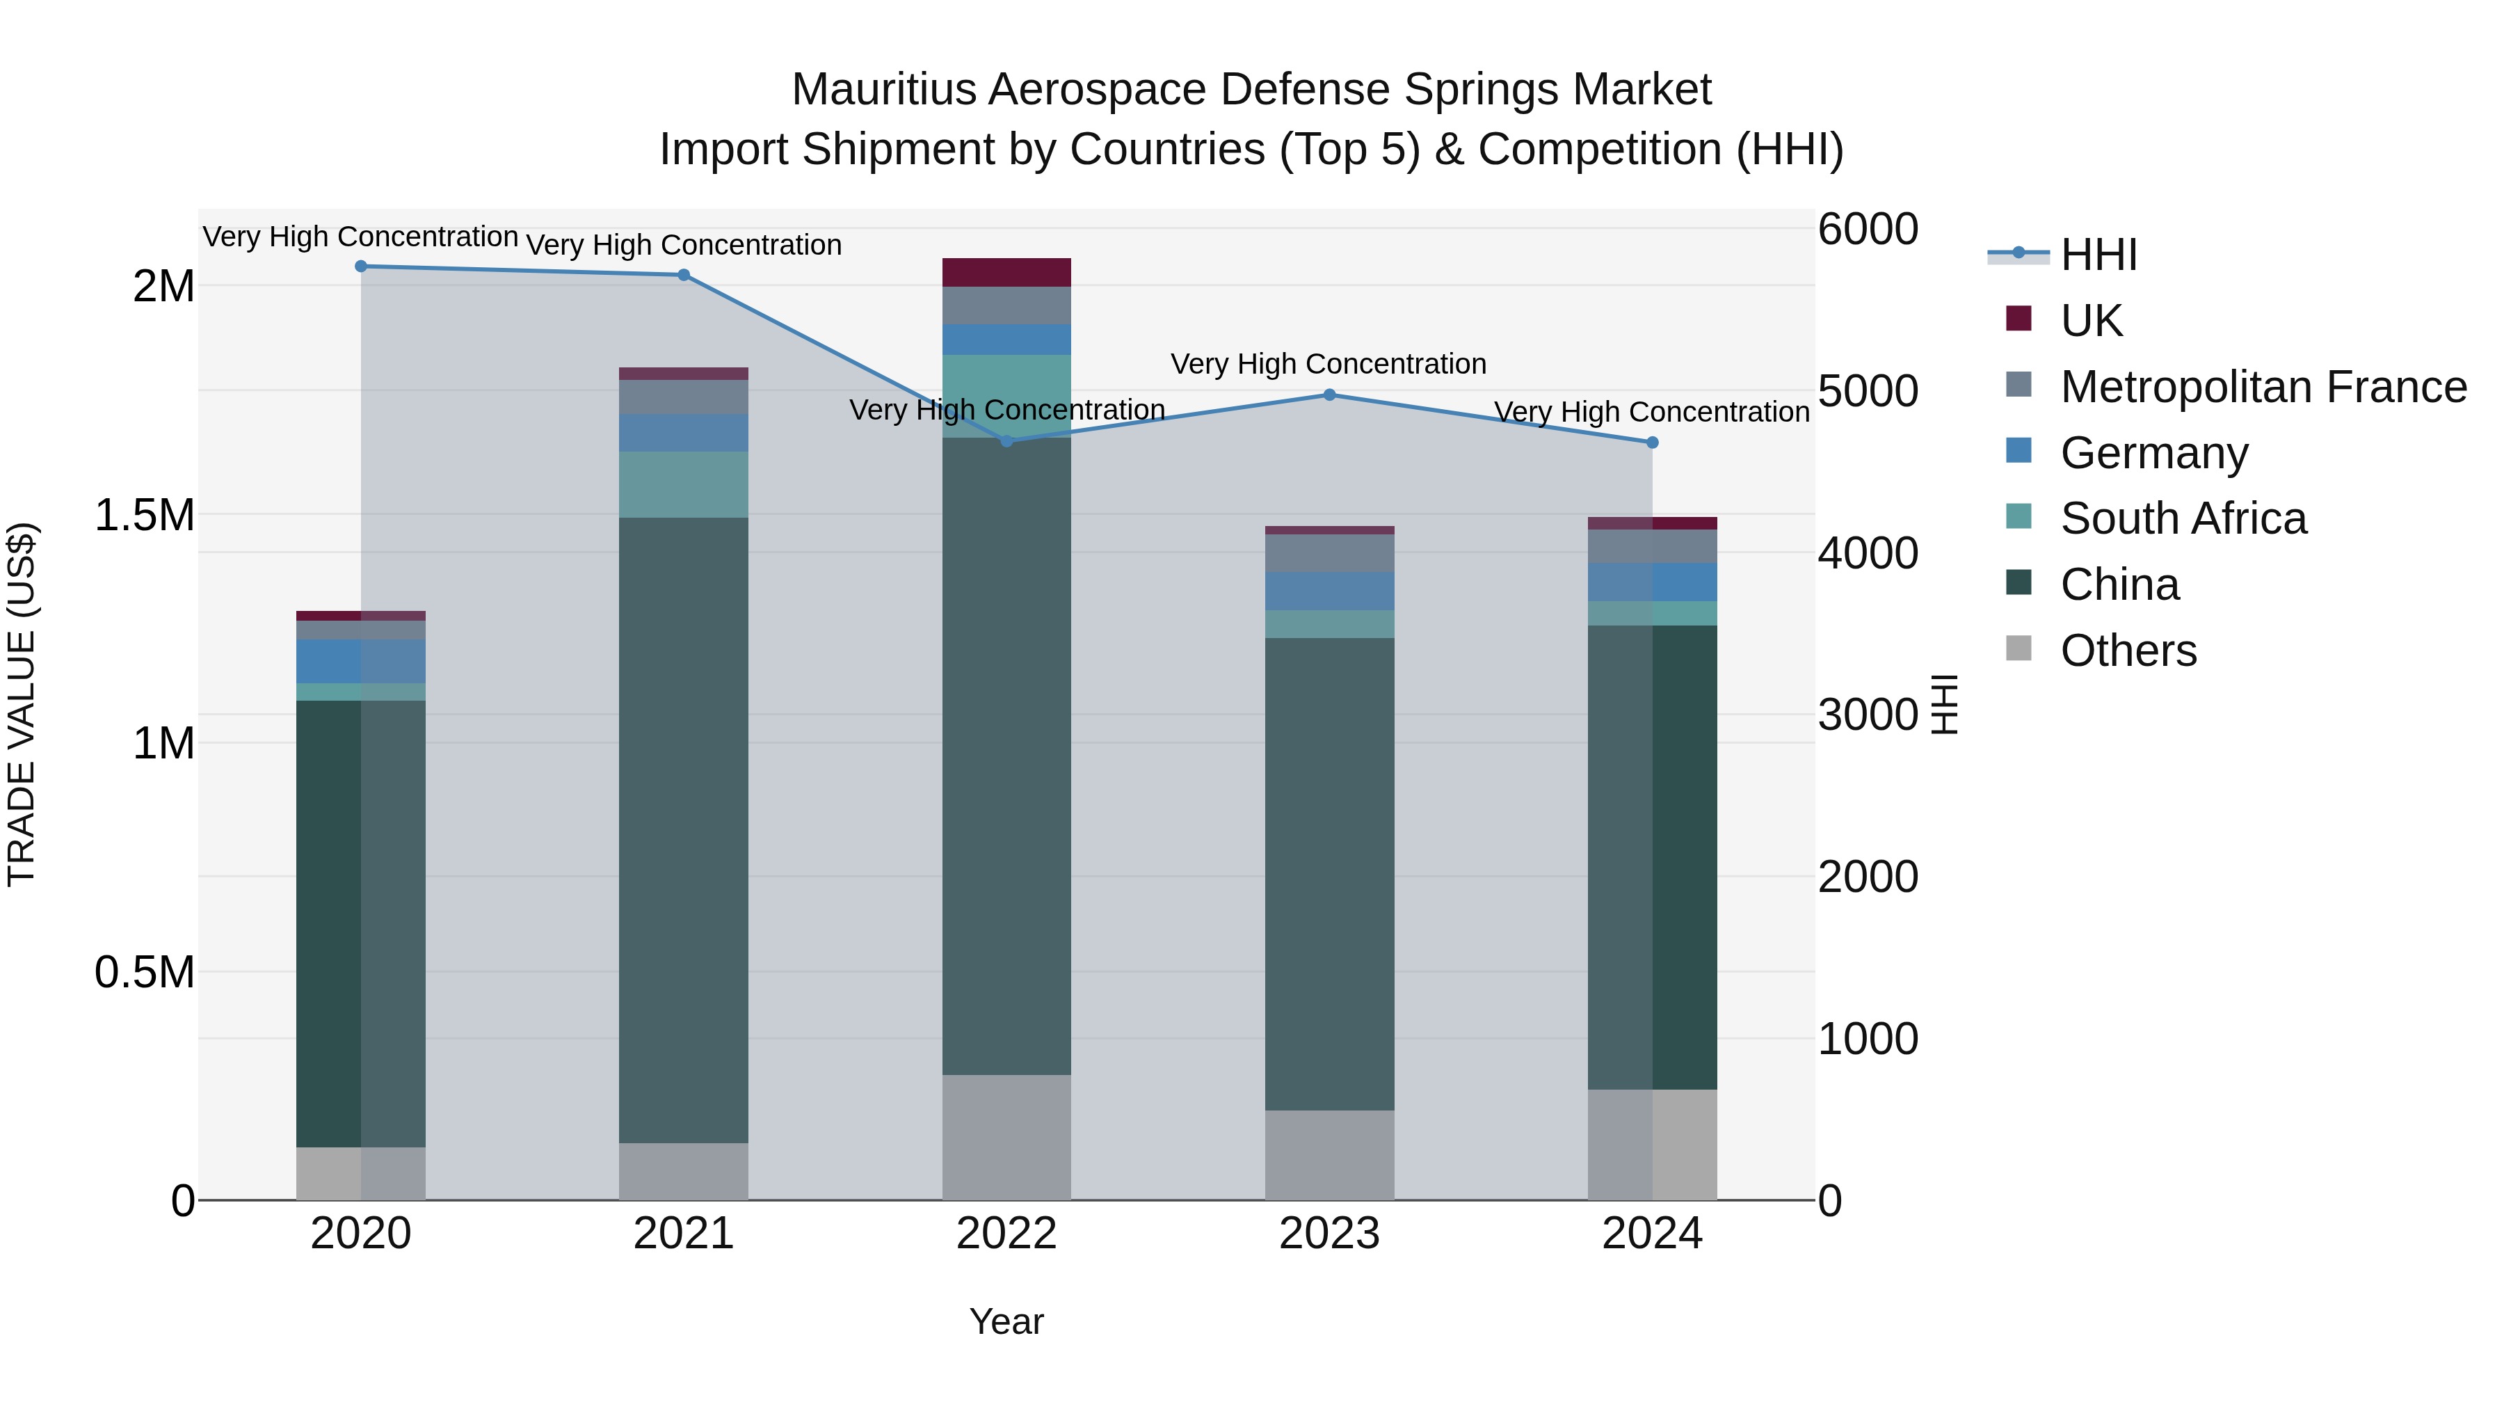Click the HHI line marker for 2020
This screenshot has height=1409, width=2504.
[x=360, y=266]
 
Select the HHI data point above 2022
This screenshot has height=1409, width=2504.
[x=1007, y=441]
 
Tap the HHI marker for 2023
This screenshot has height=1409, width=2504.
[x=1330, y=395]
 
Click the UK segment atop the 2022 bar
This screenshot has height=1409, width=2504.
[x=1007, y=272]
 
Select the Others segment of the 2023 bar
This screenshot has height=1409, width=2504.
[x=1330, y=1155]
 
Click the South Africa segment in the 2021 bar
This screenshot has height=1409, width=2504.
[x=683, y=484]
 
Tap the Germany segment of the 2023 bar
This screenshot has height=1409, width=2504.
[x=1330, y=591]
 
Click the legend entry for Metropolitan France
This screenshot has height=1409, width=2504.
[x=2263, y=387]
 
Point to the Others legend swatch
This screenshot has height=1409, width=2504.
[x=2019, y=648]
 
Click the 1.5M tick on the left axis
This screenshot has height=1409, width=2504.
[x=145, y=516]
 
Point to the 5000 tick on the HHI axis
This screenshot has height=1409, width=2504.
[x=1868, y=392]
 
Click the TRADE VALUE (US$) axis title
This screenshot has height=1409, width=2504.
[x=22, y=704]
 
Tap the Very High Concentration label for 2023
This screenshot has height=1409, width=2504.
[x=1328, y=365]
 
